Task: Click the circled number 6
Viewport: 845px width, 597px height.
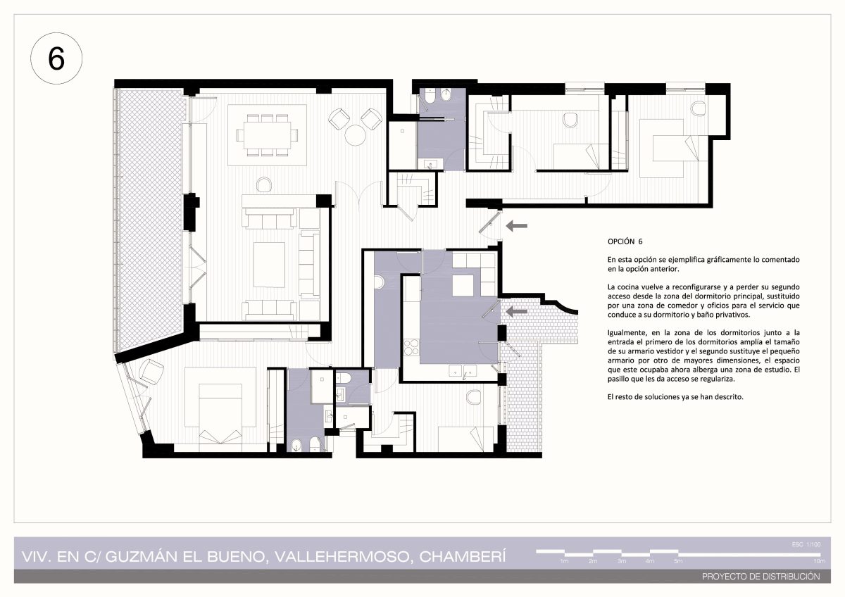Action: coord(56,58)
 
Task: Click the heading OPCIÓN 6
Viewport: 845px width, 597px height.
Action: coord(625,241)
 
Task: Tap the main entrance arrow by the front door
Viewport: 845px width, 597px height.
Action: coord(516,226)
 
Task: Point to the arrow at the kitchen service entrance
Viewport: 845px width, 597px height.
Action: coord(516,311)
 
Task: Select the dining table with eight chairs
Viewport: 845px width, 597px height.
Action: coord(267,135)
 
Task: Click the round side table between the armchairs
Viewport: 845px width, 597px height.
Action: coord(355,135)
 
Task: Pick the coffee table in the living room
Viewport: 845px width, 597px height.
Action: coord(269,265)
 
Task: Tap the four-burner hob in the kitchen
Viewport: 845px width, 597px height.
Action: coord(411,347)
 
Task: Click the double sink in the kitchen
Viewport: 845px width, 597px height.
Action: coord(463,371)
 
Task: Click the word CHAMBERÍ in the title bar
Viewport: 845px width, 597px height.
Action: coord(462,557)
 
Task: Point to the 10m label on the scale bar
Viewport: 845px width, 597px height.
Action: coord(820,561)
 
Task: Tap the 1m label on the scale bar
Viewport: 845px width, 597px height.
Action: coord(564,561)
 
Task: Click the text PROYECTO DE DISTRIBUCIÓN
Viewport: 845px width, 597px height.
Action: coord(761,577)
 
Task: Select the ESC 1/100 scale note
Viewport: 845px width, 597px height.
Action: coord(806,544)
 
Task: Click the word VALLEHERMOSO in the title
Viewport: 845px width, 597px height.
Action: coord(342,557)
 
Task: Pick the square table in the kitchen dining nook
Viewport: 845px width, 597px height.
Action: coord(463,286)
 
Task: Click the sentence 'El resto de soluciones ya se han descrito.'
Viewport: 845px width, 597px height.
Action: coord(675,397)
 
